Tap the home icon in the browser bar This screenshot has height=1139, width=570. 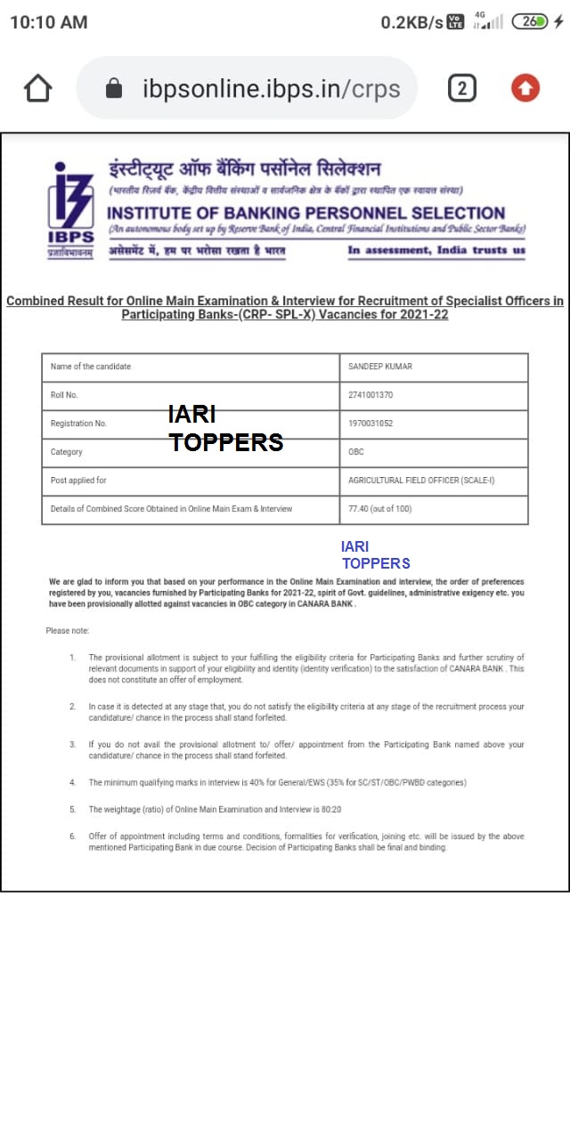tap(37, 88)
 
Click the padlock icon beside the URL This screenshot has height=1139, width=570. tap(113, 88)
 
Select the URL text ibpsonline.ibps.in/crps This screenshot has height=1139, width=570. tap(271, 89)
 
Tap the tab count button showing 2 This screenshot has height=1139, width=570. tap(461, 88)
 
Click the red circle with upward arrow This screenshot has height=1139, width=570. tap(525, 87)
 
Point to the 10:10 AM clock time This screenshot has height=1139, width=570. tap(49, 22)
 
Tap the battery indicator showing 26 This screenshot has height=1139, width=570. tap(531, 21)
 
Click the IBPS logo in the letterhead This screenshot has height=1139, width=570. tap(70, 208)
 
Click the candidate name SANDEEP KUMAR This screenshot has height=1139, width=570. tap(380, 367)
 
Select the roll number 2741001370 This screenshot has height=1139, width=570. tap(370, 395)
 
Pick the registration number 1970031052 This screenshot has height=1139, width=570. tap(370, 424)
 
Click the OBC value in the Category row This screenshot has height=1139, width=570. tap(356, 452)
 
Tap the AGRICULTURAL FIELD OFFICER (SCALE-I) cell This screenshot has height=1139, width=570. tap(423, 481)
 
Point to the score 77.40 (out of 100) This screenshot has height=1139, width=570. tap(380, 509)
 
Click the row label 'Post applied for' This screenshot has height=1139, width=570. tap(78, 481)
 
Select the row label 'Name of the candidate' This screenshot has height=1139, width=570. tap(91, 367)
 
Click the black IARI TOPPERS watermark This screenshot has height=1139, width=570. tap(226, 429)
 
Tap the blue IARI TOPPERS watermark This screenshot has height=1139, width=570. tap(375, 554)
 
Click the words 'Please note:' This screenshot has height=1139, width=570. tap(68, 631)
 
